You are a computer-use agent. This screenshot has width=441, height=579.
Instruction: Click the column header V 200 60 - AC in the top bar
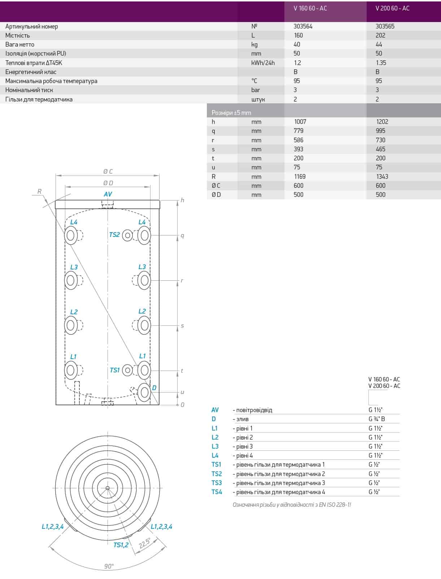click(392, 8)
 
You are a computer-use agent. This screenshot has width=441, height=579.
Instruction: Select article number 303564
click(303, 26)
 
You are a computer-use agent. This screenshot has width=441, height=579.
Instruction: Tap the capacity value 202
click(380, 35)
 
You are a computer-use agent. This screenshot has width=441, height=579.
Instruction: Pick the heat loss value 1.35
click(381, 63)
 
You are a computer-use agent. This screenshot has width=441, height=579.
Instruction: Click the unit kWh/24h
click(263, 63)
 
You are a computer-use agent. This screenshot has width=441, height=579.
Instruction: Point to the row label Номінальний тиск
click(29, 90)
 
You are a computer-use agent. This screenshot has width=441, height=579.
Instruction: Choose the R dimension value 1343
click(382, 177)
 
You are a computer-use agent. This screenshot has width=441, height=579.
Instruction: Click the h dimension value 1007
click(300, 122)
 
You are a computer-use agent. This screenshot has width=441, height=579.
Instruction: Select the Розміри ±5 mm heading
click(231, 113)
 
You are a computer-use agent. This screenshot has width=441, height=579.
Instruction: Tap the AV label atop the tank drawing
click(108, 194)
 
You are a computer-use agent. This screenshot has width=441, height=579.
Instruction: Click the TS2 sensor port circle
click(127, 236)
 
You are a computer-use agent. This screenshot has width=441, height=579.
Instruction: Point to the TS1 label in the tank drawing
click(114, 370)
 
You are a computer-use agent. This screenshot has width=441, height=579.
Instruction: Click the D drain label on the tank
click(154, 388)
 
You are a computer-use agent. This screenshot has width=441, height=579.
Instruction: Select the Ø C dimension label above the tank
click(108, 172)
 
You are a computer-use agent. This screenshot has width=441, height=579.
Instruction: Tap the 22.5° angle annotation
click(145, 544)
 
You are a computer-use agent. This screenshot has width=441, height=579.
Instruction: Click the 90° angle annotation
click(109, 566)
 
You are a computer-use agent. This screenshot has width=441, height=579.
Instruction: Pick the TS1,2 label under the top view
click(121, 545)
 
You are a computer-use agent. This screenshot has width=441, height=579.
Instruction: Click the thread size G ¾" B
click(377, 419)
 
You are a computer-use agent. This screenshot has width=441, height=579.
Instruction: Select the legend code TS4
click(217, 492)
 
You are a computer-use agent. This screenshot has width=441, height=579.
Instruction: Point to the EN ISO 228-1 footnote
click(292, 505)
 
